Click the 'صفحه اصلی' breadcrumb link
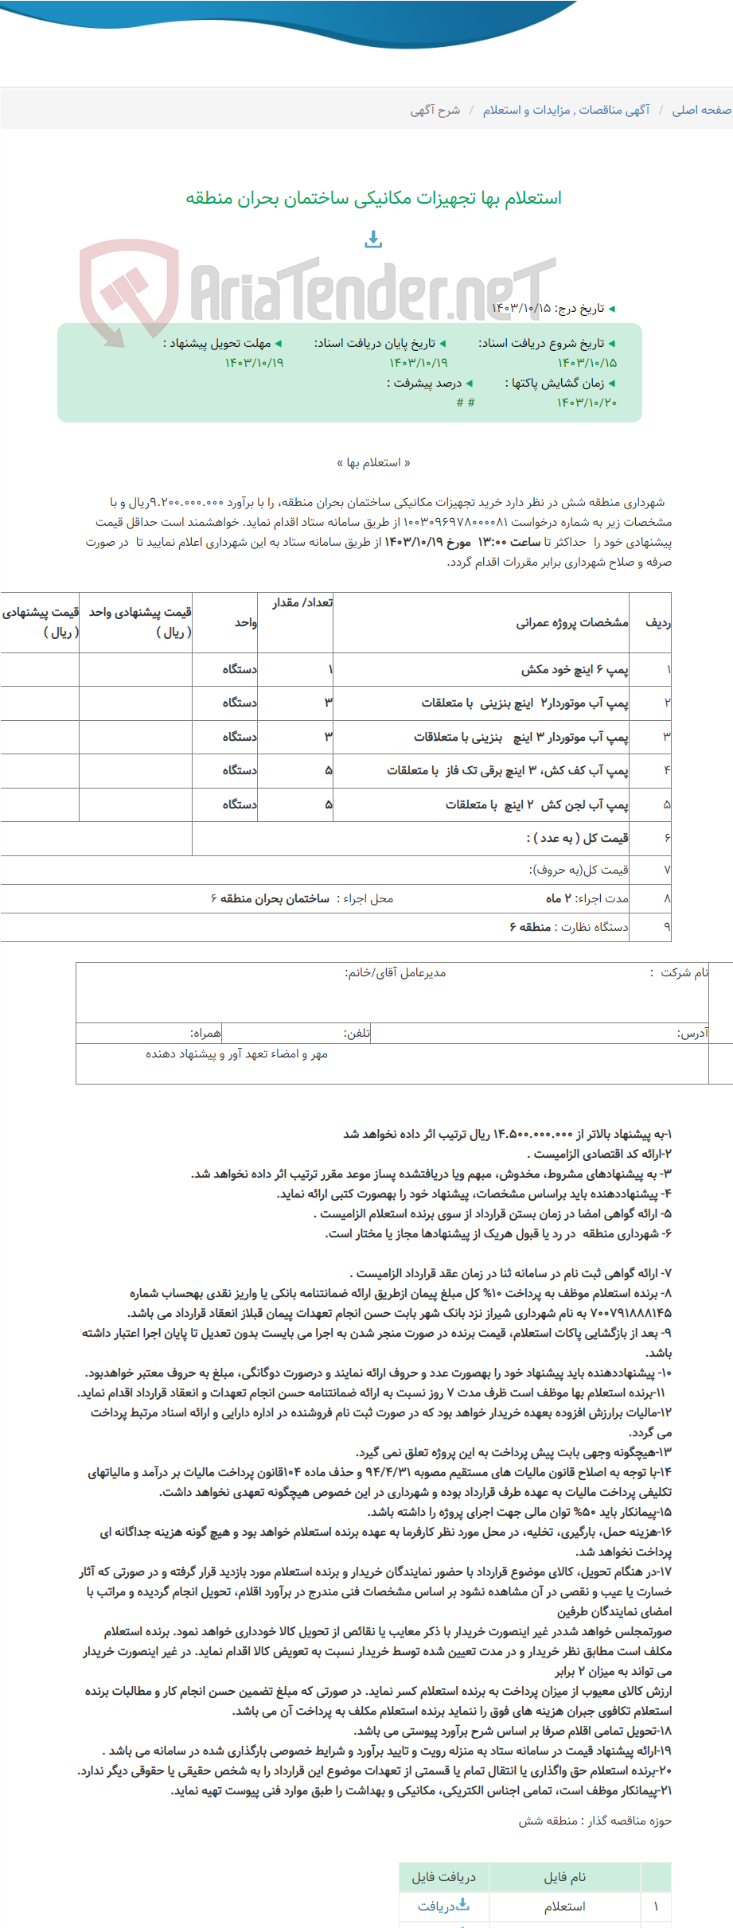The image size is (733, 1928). (x=701, y=110)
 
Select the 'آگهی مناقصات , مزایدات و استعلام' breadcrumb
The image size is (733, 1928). (x=566, y=110)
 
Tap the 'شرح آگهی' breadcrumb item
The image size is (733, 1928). (x=435, y=110)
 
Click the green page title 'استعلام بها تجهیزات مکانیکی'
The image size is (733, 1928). (x=373, y=197)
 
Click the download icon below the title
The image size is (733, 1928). (x=373, y=239)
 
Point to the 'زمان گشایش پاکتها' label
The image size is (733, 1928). (x=558, y=383)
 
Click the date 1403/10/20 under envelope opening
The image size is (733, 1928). (x=587, y=403)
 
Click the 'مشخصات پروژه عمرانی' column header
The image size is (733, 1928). (x=571, y=622)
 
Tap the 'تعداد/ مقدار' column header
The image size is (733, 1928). (x=302, y=602)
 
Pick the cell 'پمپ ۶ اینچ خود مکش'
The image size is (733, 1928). (x=575, y=669)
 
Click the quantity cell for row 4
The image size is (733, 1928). (x=328, y=770)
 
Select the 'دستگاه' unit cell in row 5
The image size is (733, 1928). (x=240, y=804)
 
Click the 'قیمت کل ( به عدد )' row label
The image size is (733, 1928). (x=577, y=838)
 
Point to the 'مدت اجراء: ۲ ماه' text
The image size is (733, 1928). (x=587, y=898)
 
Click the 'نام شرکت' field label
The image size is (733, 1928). (x=684, y=972)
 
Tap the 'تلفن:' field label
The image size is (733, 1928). (x=357, y=1033)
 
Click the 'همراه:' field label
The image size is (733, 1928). (x=205, y=1033)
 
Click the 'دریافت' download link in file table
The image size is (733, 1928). (x=443, y=1906)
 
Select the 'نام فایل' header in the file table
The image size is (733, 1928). (x=564, y=1877)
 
